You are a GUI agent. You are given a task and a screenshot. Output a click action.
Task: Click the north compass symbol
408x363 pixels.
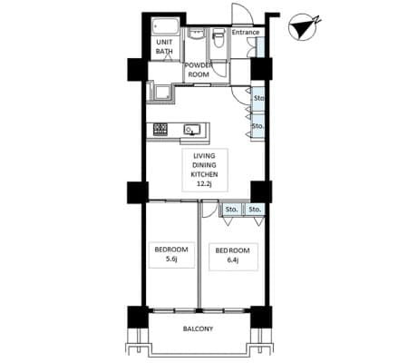click(303, 28)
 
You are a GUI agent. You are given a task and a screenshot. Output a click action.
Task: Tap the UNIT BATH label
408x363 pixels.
click(164, 46)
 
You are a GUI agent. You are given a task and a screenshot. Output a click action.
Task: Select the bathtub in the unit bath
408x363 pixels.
click(165, 27)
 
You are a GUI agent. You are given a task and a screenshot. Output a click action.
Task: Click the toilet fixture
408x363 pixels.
click(218, 37)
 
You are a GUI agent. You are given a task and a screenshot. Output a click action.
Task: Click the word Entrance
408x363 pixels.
click(246, 32)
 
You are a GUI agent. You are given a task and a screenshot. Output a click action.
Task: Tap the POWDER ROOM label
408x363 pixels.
click(199, 70)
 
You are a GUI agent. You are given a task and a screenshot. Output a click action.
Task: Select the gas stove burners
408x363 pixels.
click(160, 130)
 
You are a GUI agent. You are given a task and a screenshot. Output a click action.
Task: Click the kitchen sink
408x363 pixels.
click(192, 130)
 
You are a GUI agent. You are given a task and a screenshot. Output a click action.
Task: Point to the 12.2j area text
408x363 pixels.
click(204, 183)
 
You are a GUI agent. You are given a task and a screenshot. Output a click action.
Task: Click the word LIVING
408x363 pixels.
click(204, 156)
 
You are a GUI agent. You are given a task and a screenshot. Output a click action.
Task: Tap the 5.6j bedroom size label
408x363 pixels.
click(171, 259)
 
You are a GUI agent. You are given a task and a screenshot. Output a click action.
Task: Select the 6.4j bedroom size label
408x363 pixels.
click(232, 260)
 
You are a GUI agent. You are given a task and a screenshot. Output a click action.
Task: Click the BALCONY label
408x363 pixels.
click(198, 329)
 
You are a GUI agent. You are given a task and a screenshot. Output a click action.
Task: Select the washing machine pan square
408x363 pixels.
click(162, 91)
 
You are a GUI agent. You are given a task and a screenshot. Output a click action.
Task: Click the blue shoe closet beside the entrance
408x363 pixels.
click(260, 46)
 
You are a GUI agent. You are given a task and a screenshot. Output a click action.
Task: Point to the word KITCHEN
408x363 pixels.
click(204, 174)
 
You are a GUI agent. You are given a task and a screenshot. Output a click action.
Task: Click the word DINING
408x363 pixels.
click(204, 165)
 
